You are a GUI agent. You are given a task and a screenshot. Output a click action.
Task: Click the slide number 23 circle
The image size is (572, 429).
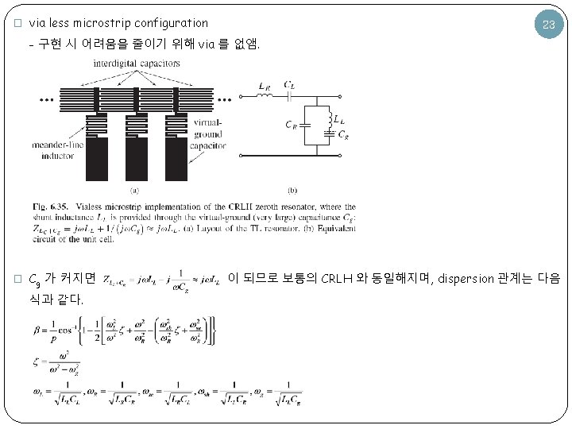[547, 25]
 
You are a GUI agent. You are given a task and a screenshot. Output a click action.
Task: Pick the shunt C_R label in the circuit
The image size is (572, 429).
[292, 124]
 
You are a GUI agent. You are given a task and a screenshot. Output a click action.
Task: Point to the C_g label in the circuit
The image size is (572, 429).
[342, 135]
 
